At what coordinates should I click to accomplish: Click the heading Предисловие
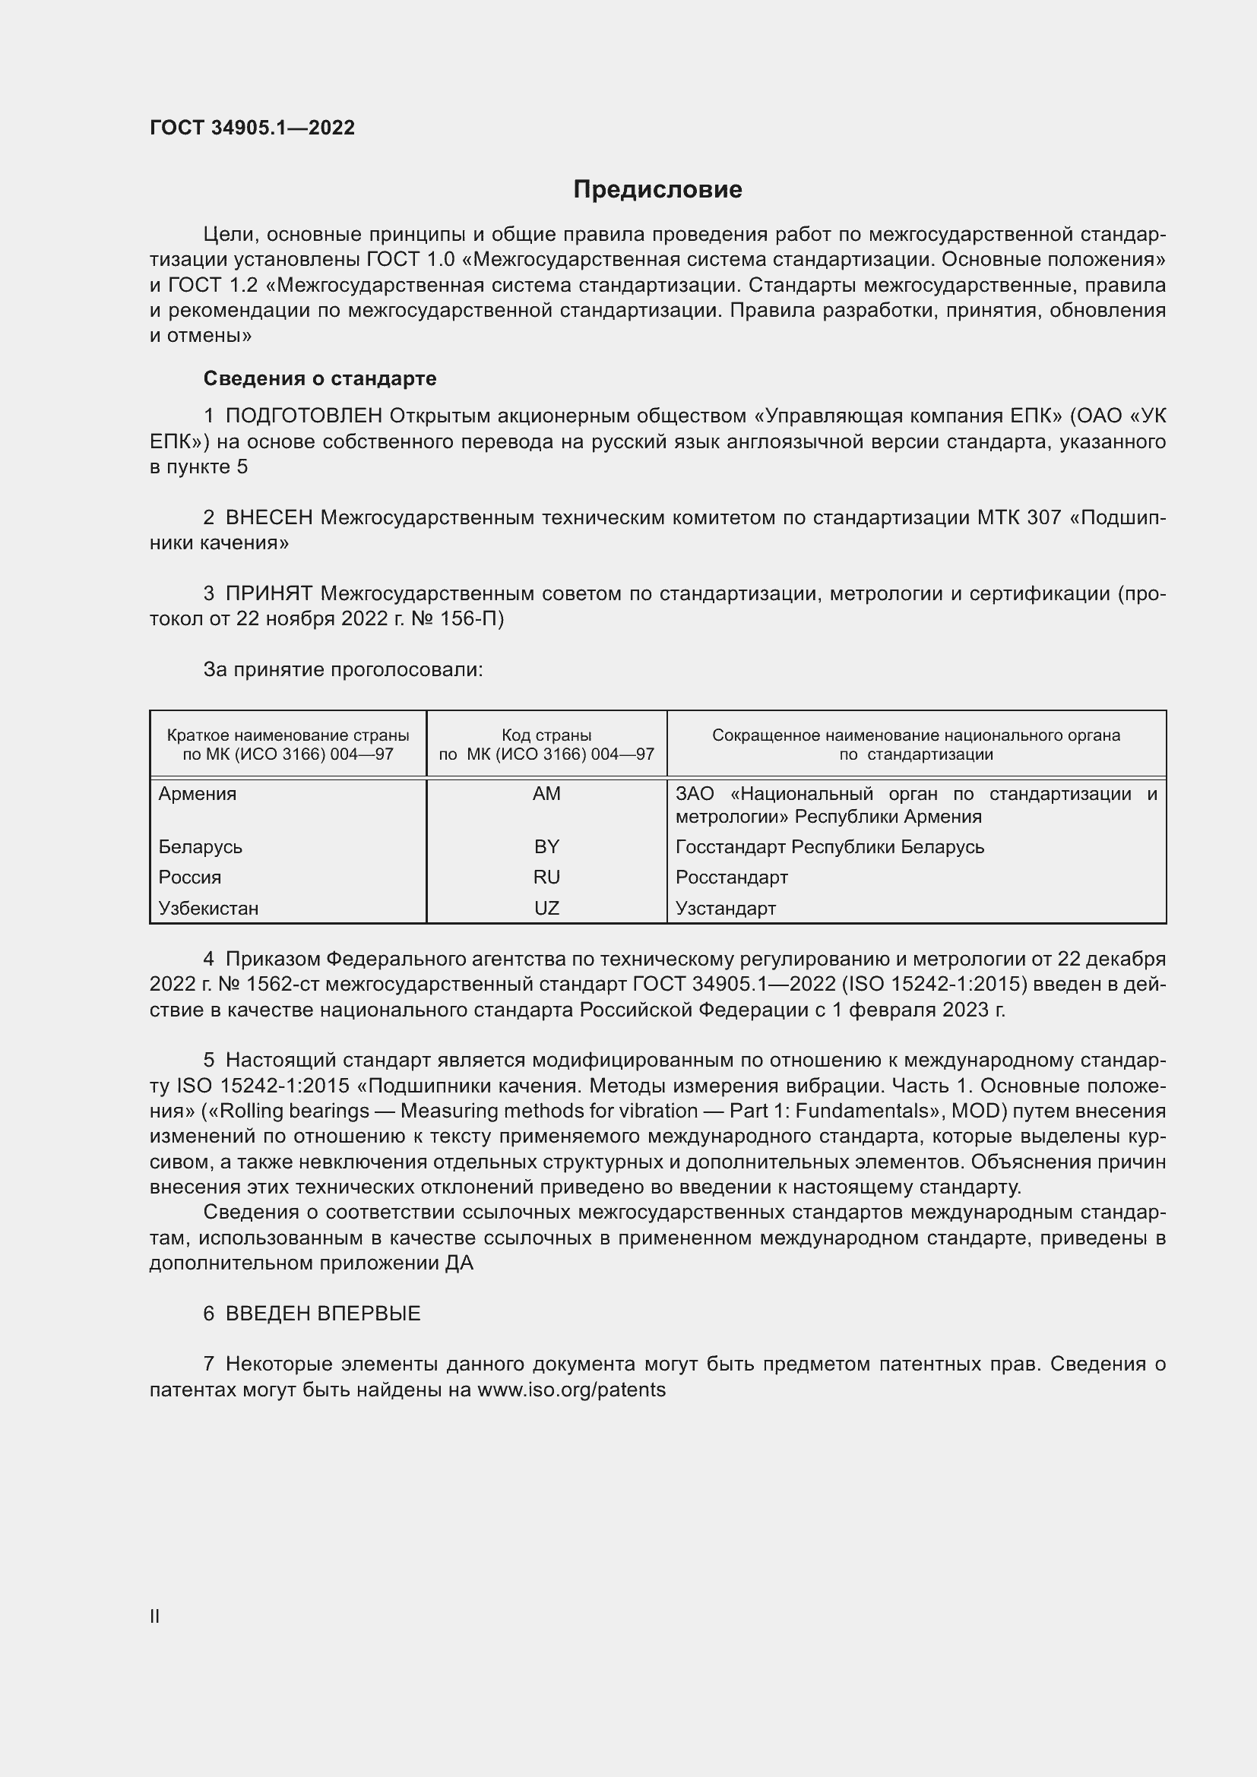[x=657, y=190]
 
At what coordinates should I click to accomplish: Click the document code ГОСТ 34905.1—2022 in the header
[x=252, y=128]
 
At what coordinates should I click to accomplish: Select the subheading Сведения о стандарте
[x=320, y=378]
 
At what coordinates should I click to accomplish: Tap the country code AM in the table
[x=546, y=793]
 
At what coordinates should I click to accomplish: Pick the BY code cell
[x=546, y=846]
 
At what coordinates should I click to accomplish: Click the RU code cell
[x=546, y=877]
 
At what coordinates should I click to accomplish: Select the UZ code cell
[x=546, y=908]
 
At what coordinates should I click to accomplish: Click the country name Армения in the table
[x=198, y=793]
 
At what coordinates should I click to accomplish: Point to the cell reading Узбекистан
[x=208, y=908]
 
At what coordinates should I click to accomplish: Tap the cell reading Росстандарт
[x=731, y=877]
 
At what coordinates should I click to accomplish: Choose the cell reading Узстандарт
[x=725, y=908]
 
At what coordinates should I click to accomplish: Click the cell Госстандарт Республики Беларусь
[x=830, y=846]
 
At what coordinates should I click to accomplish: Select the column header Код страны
[x=546, y=735]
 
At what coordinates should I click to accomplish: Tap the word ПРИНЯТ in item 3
[x=268, y=593]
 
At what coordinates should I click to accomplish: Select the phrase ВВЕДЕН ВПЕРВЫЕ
[x=323, y=1314]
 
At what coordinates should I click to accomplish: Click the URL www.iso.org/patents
[x=572, y=1390]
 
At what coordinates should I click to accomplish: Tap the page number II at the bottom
[x=155, y=1616]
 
